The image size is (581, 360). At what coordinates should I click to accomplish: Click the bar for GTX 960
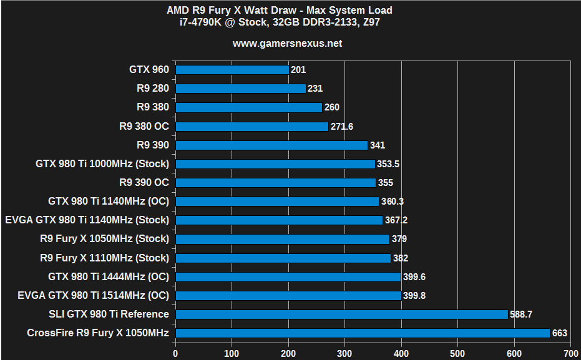tap(232, 70)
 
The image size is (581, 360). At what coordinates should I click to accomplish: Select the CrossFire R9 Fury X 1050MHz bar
tap(363, 333)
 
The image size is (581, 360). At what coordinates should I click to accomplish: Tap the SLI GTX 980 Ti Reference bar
tap(341, 314)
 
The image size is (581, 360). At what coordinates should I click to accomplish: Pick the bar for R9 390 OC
tap(276, 183)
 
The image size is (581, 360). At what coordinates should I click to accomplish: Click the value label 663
tap(560, 333)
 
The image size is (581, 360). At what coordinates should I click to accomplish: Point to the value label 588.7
tap(522, 314)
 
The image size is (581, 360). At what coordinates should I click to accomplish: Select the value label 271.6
tap(342, 127)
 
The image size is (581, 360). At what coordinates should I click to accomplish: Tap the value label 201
tap(298, 70)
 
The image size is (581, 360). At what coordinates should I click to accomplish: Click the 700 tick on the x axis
tap(570, 353)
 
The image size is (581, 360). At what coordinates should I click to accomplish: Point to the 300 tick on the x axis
tap(344, 353)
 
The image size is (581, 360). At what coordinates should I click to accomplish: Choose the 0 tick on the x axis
tap(175, 353)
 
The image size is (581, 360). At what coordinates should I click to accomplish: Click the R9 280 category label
tap(152, 89)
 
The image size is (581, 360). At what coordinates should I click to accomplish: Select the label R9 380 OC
tap(144, 126)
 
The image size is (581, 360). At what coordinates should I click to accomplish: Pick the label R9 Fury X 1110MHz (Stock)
tap(104, 258)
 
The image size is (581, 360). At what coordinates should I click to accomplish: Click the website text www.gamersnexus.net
tap(288, 44)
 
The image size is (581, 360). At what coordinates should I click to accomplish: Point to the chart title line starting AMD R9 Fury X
tap(288, 10)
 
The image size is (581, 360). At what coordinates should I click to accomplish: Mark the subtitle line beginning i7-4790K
tap(288, 23)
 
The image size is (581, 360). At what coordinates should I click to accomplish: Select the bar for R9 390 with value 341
tap(271, 145)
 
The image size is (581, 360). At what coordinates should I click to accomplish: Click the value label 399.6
tap(415, 276)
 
